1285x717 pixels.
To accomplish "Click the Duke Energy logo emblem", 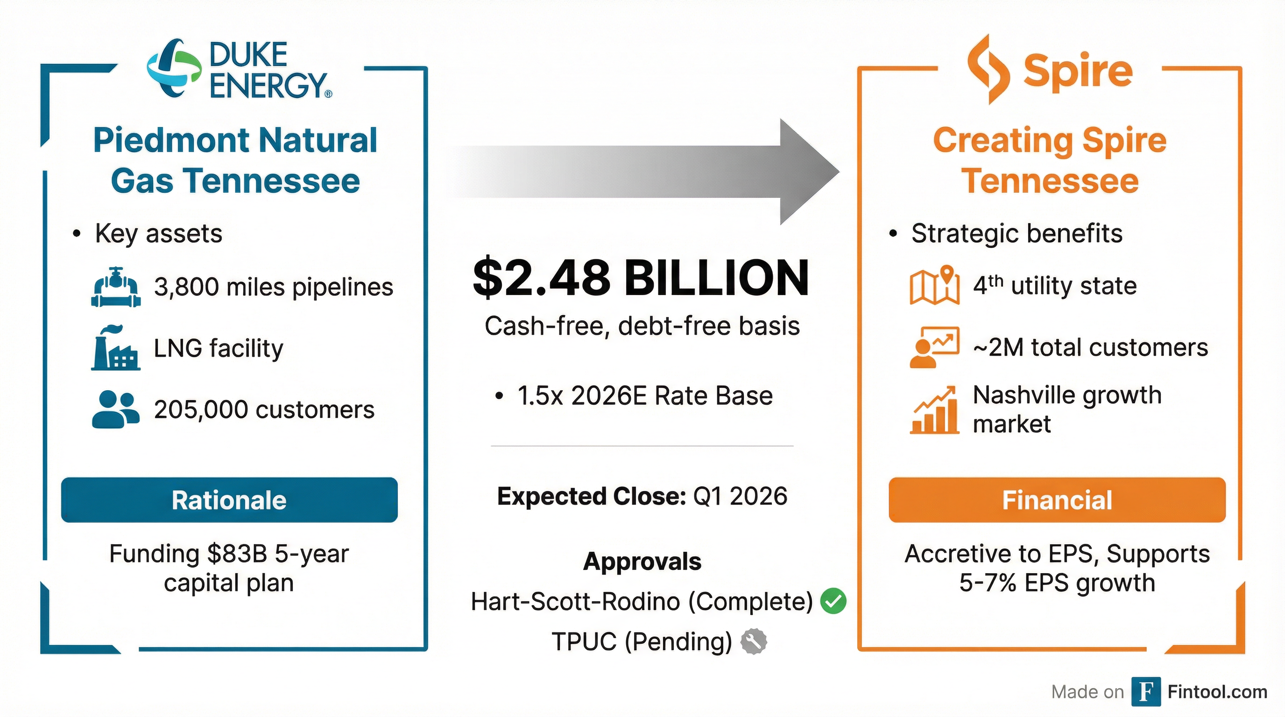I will tap(174, 68).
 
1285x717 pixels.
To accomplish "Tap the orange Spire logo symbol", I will tap(988, 69).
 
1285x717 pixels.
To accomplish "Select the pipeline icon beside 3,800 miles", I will tap(116, 287).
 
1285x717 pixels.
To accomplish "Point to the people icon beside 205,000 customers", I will tap(116, 409).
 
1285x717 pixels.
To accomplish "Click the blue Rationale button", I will tap(229, 500).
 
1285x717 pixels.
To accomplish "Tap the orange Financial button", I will tap(1057, 500).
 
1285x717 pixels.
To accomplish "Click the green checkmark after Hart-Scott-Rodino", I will tap(833, 601).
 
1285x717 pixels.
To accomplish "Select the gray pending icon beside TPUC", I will tap(753, 641).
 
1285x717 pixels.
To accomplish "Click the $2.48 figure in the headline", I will tap(541, 278).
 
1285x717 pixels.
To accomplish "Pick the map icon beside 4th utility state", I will tap(934, 286).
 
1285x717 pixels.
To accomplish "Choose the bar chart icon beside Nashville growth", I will tap(934, 410).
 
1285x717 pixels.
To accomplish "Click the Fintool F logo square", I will tap(1146, 692).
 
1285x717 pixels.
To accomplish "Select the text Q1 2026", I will tap(740, 496).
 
